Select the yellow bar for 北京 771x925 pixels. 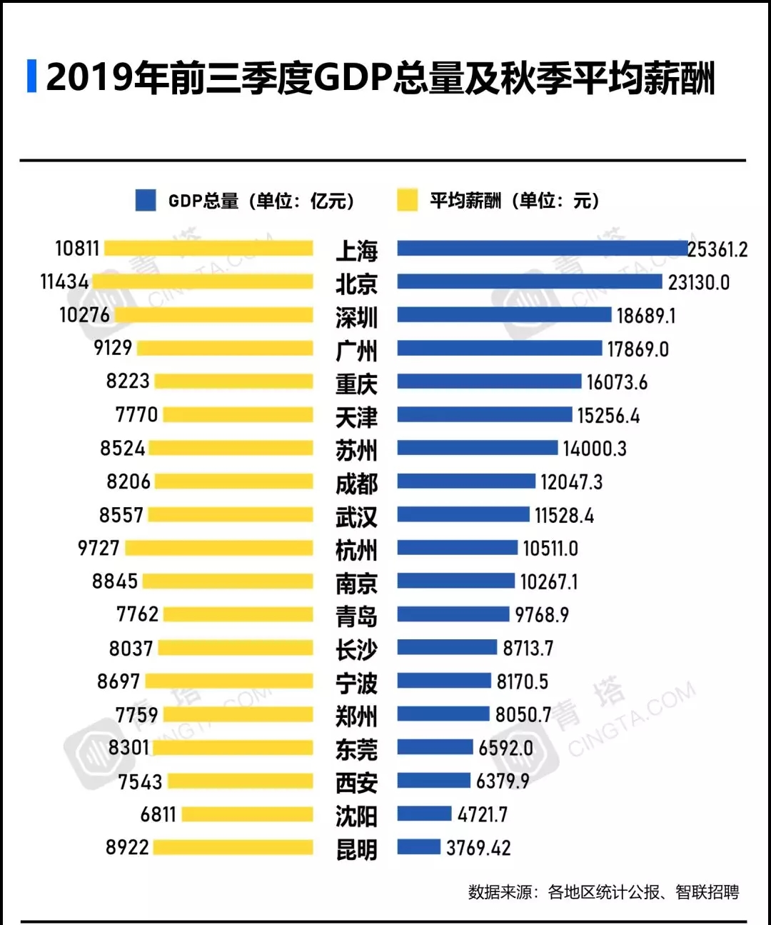pyautogui.click(x=203, y=281)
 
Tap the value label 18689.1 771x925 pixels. pyautogui.click(x=645, y=316)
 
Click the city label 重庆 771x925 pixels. pyautogui.click(x=356, y=384)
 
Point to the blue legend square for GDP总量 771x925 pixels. pyautogui.click(x=146, y=200)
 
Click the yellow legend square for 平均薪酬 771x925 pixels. pyautogui.click(x=407, y=200)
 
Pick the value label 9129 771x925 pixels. pyautogui.click(x=113, y=348)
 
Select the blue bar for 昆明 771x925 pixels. pyautogui.click(x=418, y=847)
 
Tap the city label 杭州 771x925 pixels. pyautogui.click(x=356, y=550)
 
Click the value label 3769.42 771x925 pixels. pyautogui.click(x=478, y=848)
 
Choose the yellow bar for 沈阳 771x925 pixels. pyautogui.click(x=247, y=814)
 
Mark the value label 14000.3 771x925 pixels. pyautogui.click(x=594, y=449)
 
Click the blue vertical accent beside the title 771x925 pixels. pyautogui.click(x=31, y=76)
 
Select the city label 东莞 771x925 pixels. pyautogui.click(x=356, y=749)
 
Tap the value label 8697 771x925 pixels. pyautogui.click(x=119, y=681)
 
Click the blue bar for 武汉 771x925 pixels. pyautogui.click(x=463, y=514)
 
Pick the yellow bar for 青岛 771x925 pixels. pyautogui.click(x=238, y=614)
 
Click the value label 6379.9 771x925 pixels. pyautogui.click(x=503, y=781)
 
